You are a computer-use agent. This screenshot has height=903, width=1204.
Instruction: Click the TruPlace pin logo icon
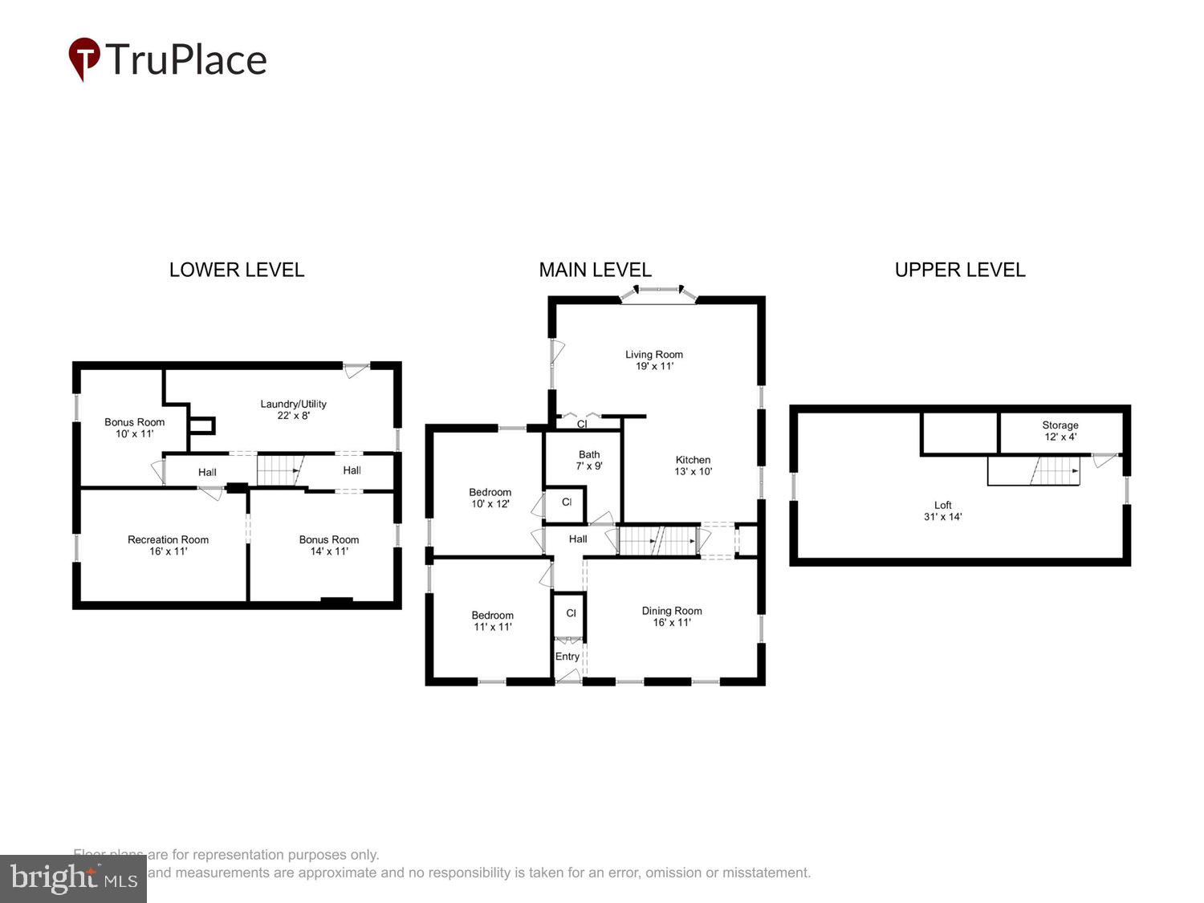[83, 59]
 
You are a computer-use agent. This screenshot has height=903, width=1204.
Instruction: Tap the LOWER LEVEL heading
[237, 270]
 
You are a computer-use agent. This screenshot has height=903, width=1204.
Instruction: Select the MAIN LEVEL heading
[595, 270]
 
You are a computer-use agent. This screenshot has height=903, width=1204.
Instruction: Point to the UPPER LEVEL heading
[960, 270]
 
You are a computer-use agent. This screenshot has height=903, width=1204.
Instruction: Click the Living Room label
[654, 360]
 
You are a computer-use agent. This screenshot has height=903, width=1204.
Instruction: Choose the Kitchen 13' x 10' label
[693, 466]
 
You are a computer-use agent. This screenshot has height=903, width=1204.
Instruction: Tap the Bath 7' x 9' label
[589, 460]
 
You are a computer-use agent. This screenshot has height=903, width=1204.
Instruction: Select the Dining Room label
[672, 616]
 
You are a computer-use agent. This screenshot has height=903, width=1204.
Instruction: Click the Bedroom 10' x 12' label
[490, 498]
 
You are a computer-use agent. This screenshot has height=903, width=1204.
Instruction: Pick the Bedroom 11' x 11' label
[492, 621]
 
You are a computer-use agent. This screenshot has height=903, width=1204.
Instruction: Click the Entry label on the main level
[567, 657]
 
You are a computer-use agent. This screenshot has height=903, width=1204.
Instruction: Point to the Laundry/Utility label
[293, 409]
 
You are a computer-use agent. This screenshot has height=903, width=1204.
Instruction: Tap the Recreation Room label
[168, 545]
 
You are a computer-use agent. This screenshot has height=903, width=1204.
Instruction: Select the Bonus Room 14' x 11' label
[329, 545]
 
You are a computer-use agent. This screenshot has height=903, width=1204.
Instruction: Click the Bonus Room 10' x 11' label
[134, 428]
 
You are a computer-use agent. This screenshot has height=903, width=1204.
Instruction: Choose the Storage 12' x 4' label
[1060, 431]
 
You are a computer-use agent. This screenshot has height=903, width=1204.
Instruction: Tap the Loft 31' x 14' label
[942, 510]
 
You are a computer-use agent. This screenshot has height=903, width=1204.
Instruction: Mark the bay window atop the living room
[658, 293]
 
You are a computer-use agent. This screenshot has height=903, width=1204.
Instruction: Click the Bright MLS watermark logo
[73, 879]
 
